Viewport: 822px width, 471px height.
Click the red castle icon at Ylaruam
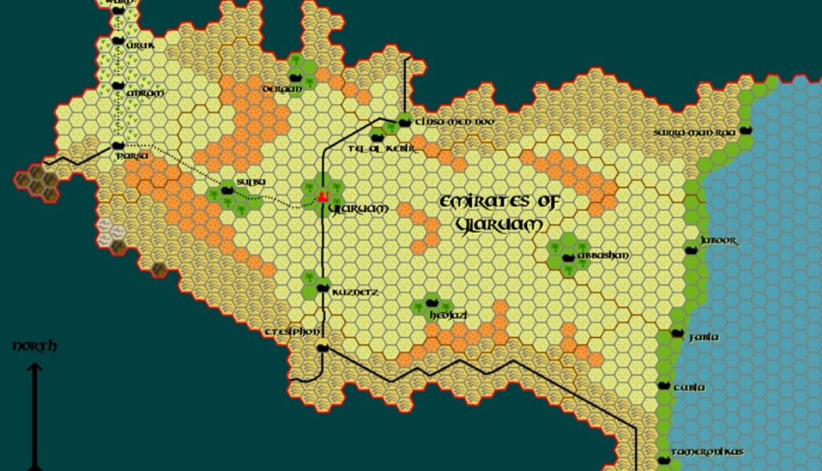322,195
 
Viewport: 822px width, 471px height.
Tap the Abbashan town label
603,255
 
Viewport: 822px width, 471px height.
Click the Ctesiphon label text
293,331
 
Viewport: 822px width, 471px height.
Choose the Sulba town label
251,182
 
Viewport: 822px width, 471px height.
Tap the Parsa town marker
118,145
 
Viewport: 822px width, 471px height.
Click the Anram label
145,93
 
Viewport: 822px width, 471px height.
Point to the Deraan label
282,89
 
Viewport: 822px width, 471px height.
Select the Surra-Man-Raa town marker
744,130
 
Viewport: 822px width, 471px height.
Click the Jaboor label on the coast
719,241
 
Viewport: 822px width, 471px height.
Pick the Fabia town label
704,338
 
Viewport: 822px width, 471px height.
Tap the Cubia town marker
664,385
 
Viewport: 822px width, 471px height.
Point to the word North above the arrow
35,346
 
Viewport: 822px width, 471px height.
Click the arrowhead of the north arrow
35,368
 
